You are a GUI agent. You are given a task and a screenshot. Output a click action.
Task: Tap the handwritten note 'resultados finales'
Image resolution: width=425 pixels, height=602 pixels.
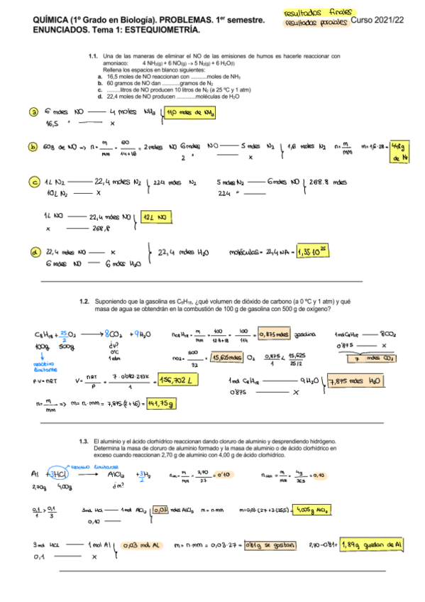[x=313, y=13]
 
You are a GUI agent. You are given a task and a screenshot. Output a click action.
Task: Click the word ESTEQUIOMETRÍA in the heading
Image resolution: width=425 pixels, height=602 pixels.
[x=140, y=32]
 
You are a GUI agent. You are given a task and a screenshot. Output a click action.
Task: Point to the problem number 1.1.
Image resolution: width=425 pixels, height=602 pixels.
[x=94, y=55]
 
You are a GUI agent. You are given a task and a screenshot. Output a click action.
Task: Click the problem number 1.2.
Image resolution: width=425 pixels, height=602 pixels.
[x=85, y=301]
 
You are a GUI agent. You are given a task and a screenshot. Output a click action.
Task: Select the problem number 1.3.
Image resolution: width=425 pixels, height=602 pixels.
[x=85, y=441]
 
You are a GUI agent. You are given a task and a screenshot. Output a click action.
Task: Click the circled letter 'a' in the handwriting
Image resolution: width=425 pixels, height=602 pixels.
[x=34, y=111]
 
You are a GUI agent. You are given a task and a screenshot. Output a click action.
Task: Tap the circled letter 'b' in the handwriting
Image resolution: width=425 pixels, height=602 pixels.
[x=34, y=147]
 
